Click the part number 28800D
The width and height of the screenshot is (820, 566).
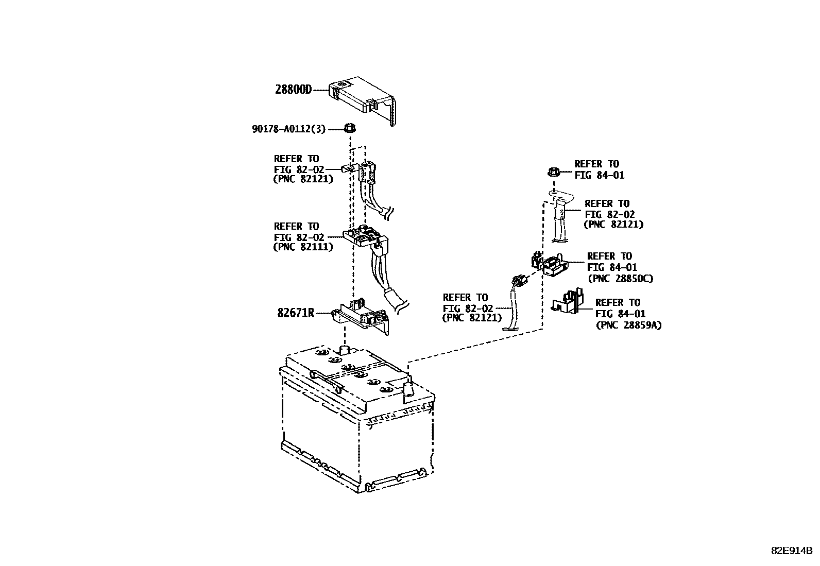pyautogui.click(x=293, y=90)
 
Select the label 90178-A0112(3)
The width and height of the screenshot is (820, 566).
pyautogui.click(x=288, y=129)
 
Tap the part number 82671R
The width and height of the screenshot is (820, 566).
pyautogui.click(x=295, y=313)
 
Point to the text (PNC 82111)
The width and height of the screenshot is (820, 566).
pyautogui.click(x=303, y=247)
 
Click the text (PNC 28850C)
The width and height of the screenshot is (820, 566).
pyautogui.click(x=620, y=279)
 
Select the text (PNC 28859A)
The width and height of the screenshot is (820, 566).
pyautogui.click(x=628, y=325)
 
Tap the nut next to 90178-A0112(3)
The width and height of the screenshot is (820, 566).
pyautogui.click(x=349, y=128)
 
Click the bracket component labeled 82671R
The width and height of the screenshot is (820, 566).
pyautogui.click(x=361, y=315)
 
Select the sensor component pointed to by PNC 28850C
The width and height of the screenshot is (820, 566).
pyautogui.click(x=552, y=265)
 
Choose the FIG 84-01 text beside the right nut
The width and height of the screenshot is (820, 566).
pyautogui.click(x=599, y=175)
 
